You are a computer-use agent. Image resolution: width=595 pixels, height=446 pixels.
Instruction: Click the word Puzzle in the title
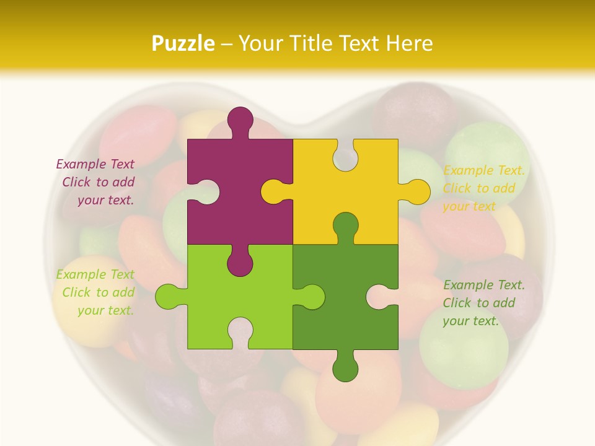click(183, 43)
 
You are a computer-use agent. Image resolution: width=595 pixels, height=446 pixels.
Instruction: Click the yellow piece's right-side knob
click(416, 191)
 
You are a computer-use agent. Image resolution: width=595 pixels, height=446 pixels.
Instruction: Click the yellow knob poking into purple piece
click(274, 191)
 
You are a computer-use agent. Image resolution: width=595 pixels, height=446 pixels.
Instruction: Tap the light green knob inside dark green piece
click(311, 297)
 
